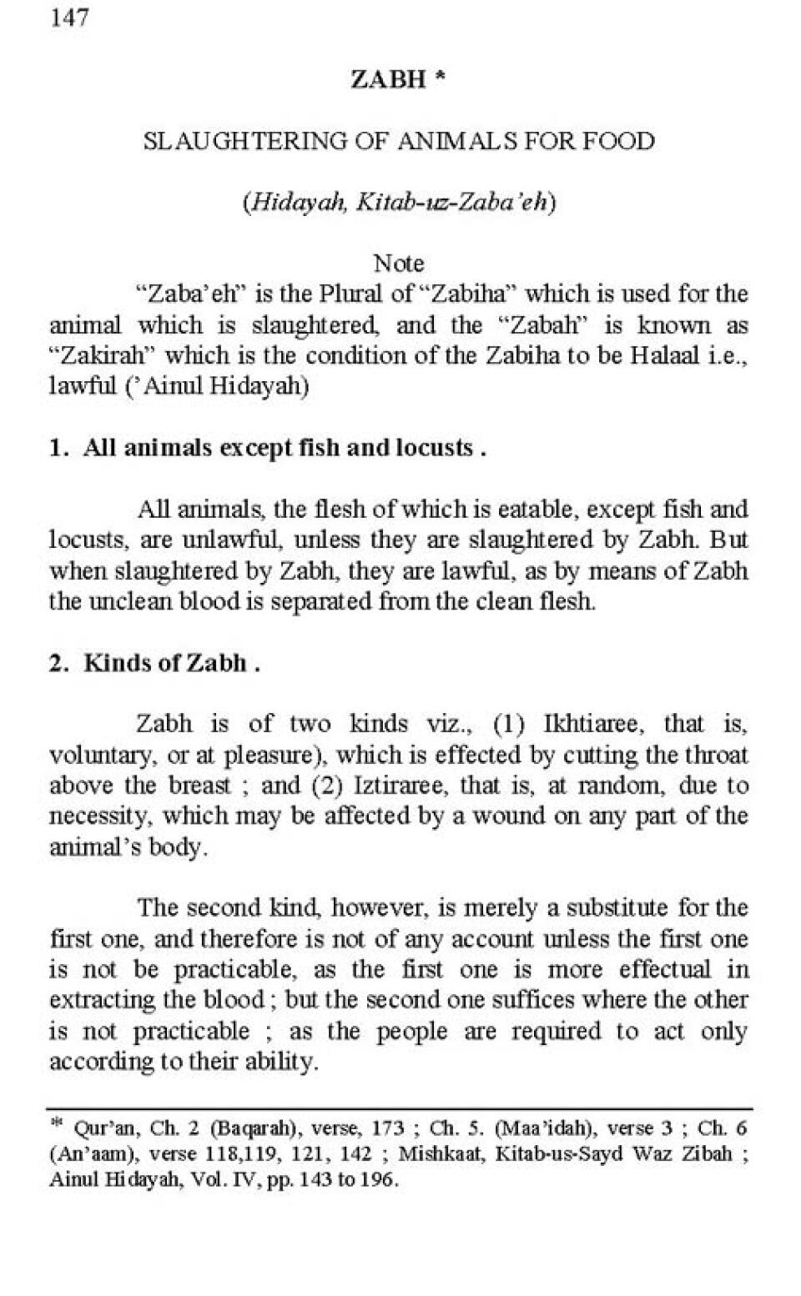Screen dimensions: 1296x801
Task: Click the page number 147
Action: coord(69,18)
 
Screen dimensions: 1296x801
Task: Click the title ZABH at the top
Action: coord(388,79)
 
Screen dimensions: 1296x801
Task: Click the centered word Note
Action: coord(399,264)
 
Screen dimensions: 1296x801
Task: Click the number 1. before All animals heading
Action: coord(58,448)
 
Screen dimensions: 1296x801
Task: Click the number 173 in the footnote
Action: coord(388,1129)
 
